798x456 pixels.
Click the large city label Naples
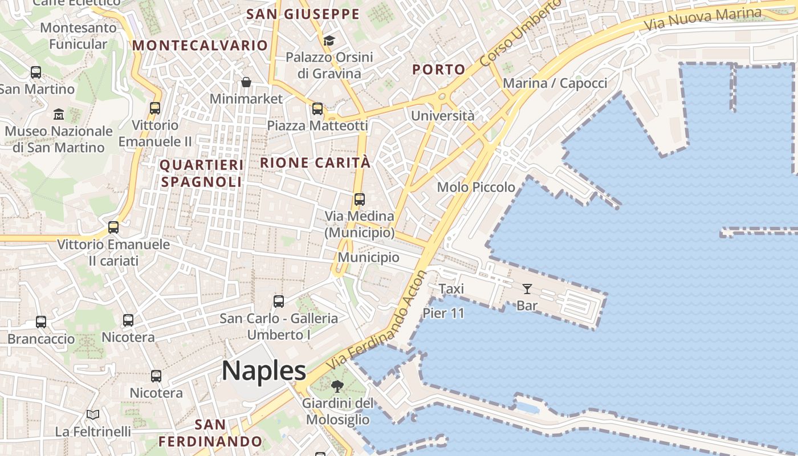264,370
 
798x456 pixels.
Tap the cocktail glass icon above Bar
527,289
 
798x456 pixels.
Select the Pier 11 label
443,313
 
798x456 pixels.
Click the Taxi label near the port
451,289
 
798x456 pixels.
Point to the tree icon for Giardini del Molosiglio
337,386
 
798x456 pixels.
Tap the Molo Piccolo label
476,187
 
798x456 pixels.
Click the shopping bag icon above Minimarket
246,83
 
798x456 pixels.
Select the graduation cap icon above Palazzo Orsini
329,40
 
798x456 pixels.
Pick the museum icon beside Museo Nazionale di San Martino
58,115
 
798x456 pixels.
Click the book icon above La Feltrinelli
93,414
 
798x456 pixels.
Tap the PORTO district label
439,70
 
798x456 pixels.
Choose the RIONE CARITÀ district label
315,162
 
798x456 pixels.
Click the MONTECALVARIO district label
200,45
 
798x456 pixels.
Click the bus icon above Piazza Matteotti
317,108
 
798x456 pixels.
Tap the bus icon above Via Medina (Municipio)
359,199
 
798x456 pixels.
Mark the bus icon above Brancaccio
41,322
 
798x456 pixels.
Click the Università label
443,116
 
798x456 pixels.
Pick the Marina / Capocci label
555,83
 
